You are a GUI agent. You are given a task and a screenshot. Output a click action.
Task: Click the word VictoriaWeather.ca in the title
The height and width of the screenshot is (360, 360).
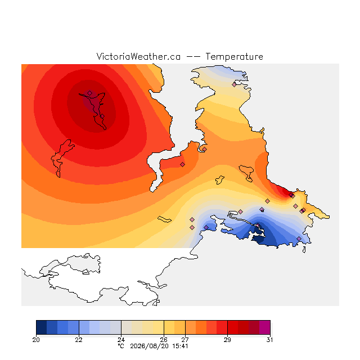(138, 56)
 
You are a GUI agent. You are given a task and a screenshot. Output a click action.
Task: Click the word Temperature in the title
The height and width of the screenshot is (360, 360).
(234, 56)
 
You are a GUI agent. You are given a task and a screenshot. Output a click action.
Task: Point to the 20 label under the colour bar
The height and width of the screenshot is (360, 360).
(36, 340)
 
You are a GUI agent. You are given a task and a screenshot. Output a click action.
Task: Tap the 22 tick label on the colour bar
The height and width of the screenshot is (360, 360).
(79, 340)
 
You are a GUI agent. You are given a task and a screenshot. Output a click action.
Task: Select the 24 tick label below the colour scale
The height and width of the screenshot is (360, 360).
(121, 340)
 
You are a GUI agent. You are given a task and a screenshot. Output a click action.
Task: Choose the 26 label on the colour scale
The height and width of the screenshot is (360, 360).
(164, 340)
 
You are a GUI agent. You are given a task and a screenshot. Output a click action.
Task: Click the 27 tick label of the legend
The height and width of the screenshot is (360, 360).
(185, 340)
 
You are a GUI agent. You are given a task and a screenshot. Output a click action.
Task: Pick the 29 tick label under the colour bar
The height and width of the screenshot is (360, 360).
(227, 340)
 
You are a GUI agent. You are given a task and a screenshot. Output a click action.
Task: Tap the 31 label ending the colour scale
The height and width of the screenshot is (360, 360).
(270, 340)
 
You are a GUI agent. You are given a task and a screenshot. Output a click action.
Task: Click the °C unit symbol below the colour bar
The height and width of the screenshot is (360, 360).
(121, 346)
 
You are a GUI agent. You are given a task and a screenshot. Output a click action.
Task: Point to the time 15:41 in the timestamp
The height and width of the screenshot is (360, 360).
(180, 346)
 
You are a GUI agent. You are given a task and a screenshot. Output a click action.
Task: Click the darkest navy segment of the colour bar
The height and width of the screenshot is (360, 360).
(41, 327)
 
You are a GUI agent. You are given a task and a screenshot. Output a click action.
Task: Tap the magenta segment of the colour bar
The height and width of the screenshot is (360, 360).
(265, 327)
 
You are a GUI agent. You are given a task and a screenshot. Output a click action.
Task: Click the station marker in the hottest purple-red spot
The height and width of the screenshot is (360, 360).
(90, 93)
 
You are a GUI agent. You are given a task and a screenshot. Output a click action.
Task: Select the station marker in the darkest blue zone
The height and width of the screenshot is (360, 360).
(258, 225)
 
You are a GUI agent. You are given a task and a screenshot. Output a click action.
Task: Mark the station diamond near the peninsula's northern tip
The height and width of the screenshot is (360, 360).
(234, 84)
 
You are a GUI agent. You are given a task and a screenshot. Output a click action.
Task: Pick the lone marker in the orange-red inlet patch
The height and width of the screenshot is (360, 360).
(182, 164)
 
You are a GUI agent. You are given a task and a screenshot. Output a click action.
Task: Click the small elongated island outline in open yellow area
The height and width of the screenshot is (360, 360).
(164, 219)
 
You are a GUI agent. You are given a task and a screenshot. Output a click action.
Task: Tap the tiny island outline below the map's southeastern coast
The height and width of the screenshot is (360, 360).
(304, 250)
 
